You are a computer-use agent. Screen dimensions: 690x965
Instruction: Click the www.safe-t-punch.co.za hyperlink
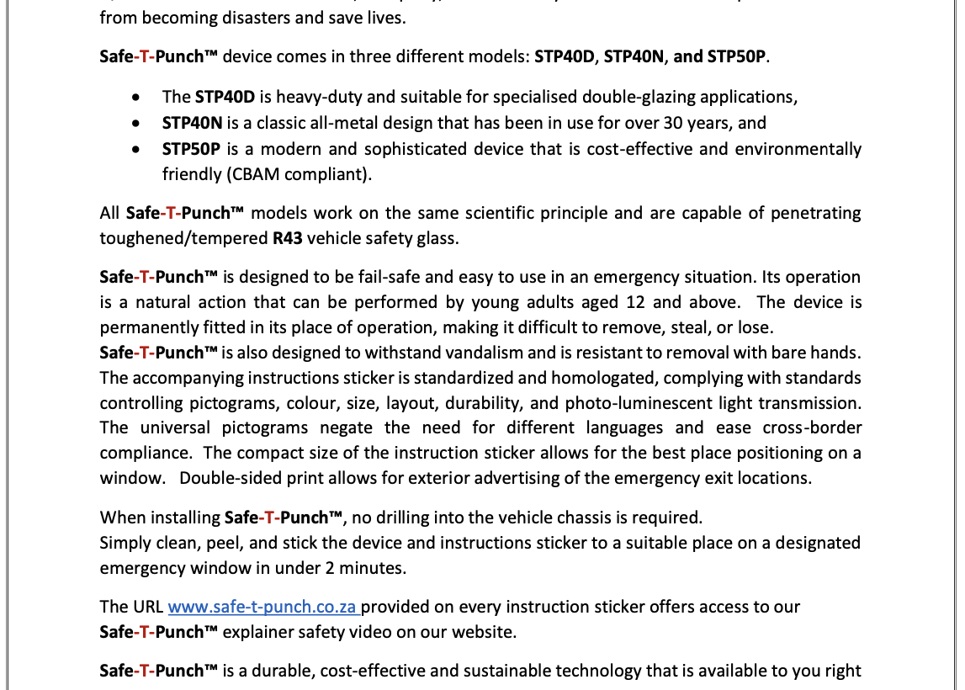pos(262,607)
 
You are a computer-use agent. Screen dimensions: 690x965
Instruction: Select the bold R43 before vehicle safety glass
pos(287,238)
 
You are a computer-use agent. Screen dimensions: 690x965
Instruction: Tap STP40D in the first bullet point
pos(226,97)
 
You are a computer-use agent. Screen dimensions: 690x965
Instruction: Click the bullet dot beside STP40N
pos(136,124)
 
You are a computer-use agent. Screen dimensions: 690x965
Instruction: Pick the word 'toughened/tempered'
pos(183,238)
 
